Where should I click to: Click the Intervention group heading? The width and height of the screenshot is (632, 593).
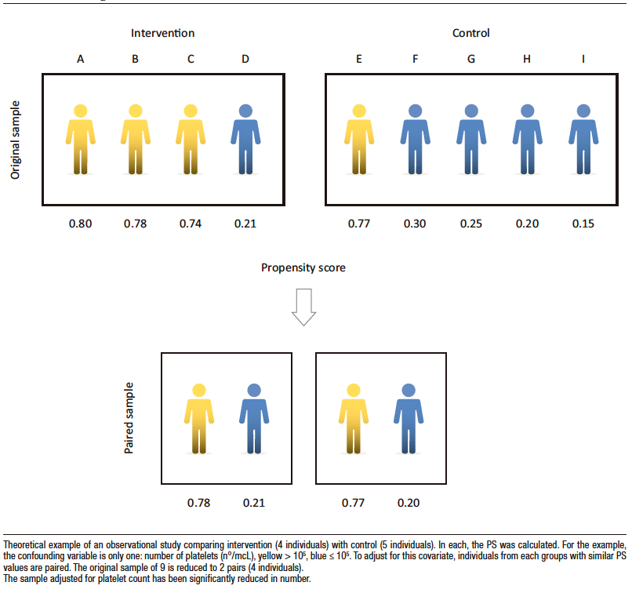[162, 34]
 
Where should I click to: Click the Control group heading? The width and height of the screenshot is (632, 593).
[471, 34]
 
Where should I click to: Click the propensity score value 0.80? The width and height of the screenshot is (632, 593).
[81, 224]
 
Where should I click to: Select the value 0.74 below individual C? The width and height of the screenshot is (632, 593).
[190, 224]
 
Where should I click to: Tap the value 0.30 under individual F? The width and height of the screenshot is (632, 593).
[415, 224]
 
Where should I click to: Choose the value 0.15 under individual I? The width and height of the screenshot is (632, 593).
[583, 224]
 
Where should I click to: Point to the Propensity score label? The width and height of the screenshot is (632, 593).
[303, 267]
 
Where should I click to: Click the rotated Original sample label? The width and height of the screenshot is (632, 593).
[16, 140]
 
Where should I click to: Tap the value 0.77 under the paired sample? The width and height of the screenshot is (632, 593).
[353, 502]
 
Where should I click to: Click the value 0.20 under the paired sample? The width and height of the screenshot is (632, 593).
[407, 502]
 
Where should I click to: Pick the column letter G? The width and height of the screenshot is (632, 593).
[470, 59]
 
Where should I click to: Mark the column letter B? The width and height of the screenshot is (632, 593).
[136, 59]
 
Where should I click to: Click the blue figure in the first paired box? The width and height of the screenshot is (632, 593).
[253, 418]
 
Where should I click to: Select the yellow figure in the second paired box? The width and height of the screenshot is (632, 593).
[353, 418]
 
